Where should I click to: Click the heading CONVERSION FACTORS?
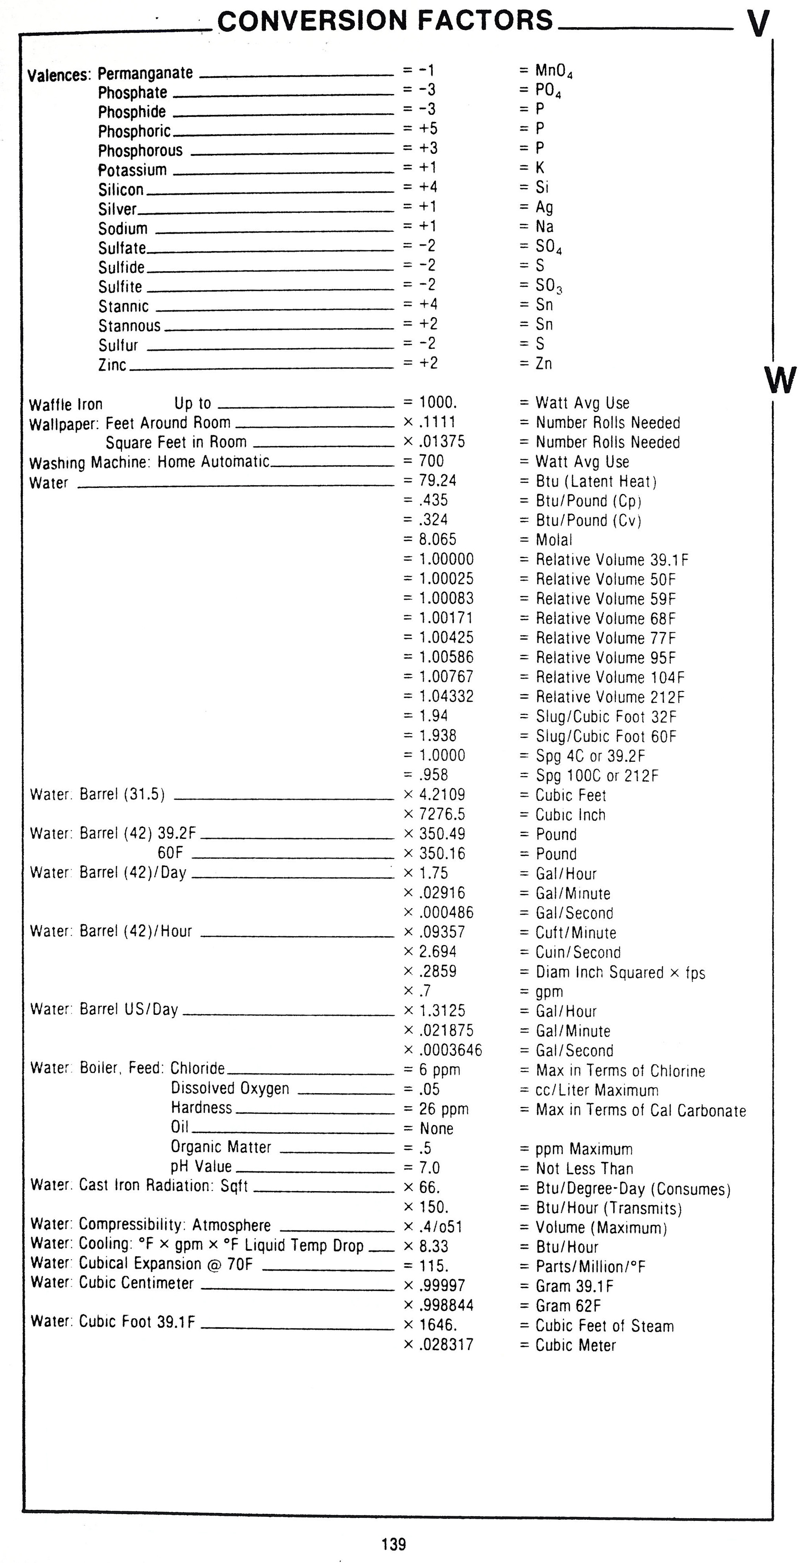(385, 20)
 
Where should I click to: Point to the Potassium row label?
(132, 170)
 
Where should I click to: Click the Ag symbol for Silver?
(544, 207)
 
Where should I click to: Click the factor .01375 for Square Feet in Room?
(442, 442)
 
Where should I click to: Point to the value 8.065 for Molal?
(438, 539)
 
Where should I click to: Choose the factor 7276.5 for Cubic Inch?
(442, 814)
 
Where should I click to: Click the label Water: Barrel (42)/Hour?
(111, 931)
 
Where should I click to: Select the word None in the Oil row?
(436, 1129)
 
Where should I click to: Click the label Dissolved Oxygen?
(230, 1088)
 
